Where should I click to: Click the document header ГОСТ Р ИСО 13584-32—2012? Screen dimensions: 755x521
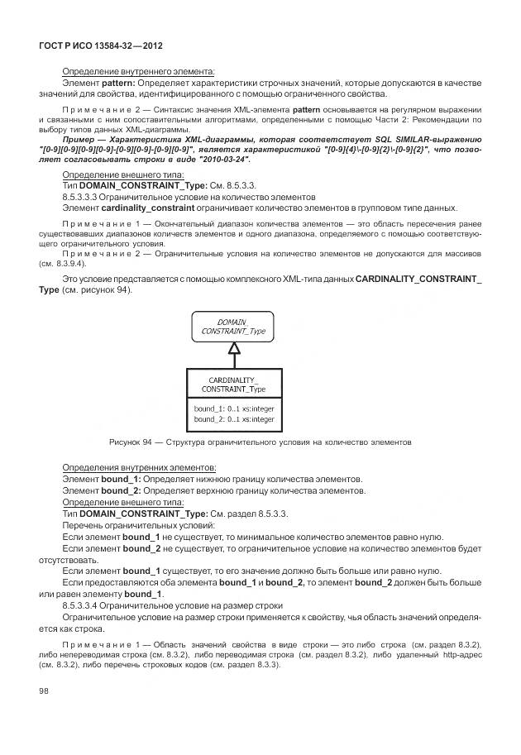pyautogui.click(x=105, y=43)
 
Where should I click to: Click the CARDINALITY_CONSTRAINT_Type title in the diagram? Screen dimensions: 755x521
pyautogui.click(x=233, y=383)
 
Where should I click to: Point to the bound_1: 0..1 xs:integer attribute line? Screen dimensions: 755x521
pyautogui.click(x=233, y=408)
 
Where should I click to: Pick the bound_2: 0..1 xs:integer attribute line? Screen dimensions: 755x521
pyautogui.click(x=233, y=419)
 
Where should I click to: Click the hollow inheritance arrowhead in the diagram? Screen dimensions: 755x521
pyautogui.click(x=233, y=348)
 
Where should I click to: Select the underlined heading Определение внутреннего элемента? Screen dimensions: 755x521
pyautogui.click(x=138, y=72)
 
